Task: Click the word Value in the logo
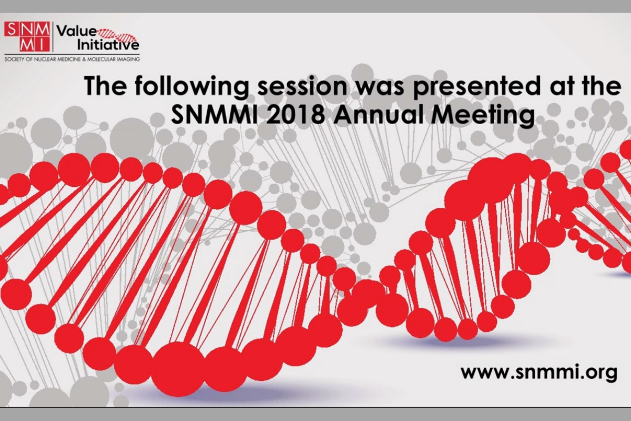(77, 32)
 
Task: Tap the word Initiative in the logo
(108, 45)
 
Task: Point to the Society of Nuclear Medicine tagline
(72, 59)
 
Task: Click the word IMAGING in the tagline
(128, 59)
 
